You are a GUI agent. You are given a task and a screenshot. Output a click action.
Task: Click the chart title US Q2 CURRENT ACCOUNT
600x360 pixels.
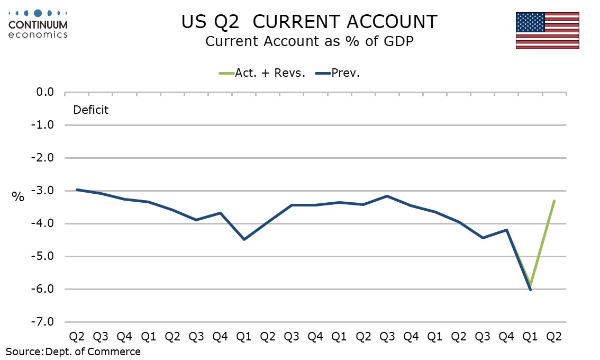tap(310, 22)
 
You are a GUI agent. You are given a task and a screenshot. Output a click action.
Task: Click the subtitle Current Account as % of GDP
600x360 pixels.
tap(309, 41)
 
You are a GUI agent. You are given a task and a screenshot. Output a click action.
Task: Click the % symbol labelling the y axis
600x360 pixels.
tap(18, 197)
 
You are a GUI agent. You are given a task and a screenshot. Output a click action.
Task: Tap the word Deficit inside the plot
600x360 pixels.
tap(90, 110)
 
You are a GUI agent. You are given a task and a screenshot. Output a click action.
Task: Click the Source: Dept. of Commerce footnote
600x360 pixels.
tap(74, 352)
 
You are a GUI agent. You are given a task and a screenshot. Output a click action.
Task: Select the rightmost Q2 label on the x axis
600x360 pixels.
tap(554, 336)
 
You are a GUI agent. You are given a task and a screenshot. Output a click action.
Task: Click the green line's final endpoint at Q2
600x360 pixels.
tap(554, 201)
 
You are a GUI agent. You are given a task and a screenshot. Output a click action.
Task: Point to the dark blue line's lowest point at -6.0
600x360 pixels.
tap(530, 290)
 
